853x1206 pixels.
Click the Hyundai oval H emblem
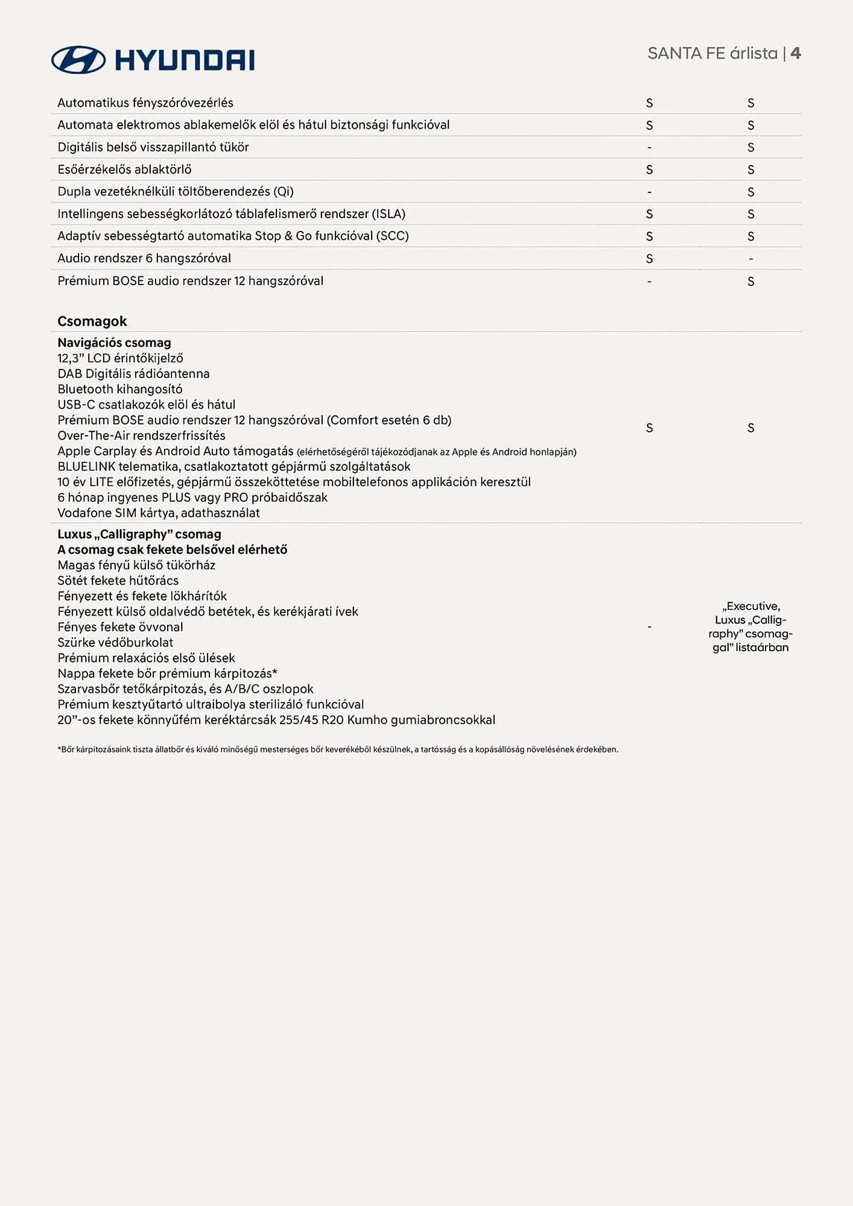coord(78,60)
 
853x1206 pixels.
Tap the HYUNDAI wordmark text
coord(185,60)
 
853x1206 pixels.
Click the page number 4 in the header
coord(796,53)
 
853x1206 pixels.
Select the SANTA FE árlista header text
coord(712,53)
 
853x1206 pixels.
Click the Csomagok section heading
coord(92,321)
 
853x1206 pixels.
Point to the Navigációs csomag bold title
coord(114,343)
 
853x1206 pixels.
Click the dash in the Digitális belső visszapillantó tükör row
coord(649,147)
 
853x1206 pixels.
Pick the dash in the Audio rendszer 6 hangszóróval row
coord(750,259)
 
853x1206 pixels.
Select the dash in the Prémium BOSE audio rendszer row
coord(649,281)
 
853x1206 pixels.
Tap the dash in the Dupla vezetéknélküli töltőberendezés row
coord(649,192)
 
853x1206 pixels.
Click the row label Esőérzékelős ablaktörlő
coord(124,169)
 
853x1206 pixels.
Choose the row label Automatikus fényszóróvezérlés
coord(145,103)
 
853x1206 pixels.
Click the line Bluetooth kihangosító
coord(119,389)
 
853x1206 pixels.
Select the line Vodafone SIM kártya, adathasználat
coord(158,513)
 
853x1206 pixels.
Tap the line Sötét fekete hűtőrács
coord(118,580)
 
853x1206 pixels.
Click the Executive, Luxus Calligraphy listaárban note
coord(750,627)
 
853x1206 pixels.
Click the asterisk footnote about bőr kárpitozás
coord(338,750)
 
